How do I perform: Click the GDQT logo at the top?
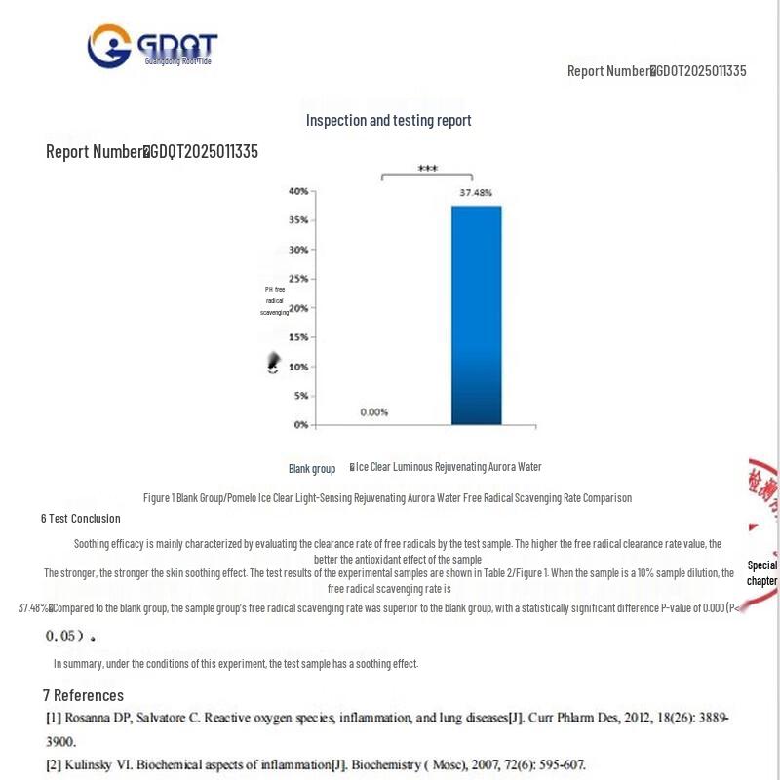pos(153,46)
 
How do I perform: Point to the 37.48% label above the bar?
pos(476,193)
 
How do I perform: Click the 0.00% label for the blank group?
pos(374,412)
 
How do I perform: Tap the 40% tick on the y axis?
pos(297,191)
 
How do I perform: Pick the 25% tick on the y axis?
pos(297,279)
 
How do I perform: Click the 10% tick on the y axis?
pos(297,367)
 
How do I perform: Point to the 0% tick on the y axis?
pos(300,425)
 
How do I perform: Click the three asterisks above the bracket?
pos(427,169)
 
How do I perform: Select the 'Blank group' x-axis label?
pos(312,469)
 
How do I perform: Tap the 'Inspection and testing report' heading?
pos(388,120)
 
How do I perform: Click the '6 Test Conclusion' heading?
pos(81,519)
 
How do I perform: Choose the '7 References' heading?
pos(83,695)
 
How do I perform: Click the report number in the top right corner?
pos(656,70)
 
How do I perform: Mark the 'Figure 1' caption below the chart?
pos(387,498)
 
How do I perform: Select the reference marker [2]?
pos(54,764)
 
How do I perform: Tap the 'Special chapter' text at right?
pos(762,573)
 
